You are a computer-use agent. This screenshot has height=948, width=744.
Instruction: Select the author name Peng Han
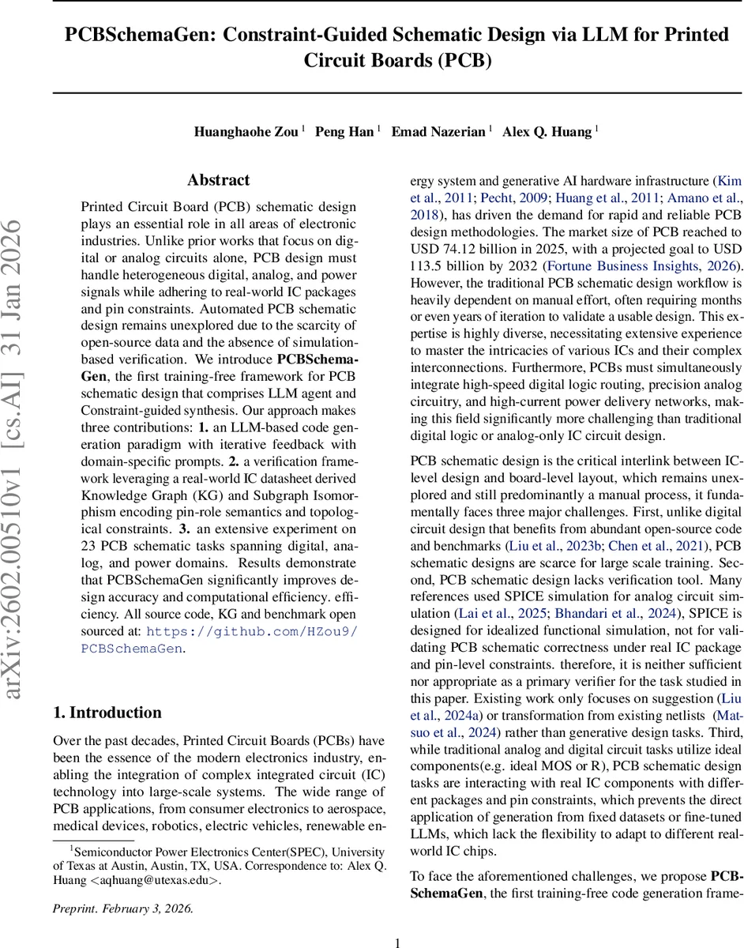pos(344,132)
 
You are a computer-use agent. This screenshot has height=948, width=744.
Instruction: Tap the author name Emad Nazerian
pos(438,132)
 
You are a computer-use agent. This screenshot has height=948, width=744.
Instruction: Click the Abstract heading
pos(219,180)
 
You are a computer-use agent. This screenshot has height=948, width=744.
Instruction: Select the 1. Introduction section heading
pos(107,712)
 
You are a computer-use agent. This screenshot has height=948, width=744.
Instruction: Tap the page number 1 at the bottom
pos(398,920)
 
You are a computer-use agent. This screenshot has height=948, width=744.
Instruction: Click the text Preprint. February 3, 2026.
pos(122,908)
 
